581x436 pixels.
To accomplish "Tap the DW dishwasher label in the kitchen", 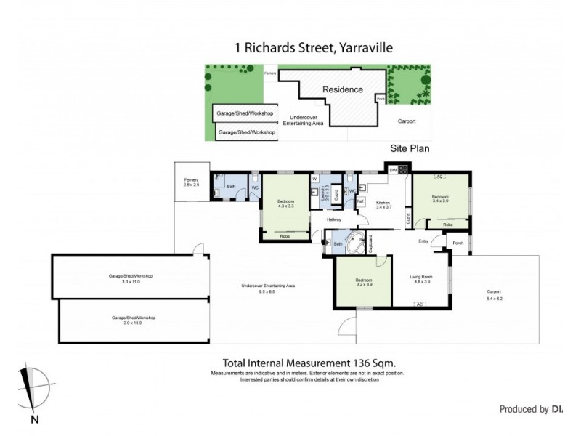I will pos(393,170).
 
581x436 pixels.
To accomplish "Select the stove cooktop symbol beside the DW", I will pos(404,170).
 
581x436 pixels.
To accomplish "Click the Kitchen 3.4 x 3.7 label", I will pos(384,204).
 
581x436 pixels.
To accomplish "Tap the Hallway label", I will pos(334,219).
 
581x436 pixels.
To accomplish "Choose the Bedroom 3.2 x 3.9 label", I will pos(364,283).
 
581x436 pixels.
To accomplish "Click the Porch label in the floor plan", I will pos(458,243).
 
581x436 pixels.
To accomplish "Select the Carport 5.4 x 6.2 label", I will pos(495,295).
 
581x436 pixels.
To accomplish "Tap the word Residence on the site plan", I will pos(343,90).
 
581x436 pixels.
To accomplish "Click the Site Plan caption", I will pos(410,148).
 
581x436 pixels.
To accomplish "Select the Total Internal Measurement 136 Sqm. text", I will pos(309,363).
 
